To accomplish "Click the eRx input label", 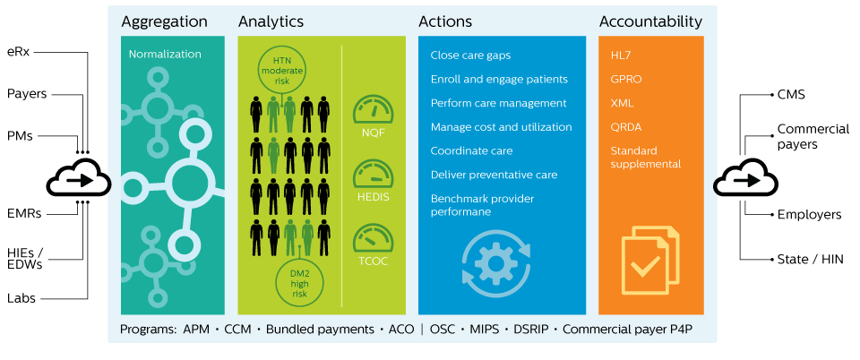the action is click(x=19, y=53).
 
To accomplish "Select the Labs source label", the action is click(x=21, y=298).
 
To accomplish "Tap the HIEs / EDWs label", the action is click(x=25, y=258).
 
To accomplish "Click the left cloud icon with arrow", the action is click(x=79, y=179).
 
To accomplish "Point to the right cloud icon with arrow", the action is click(x=745, y=179).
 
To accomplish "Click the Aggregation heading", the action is click(x=165, y=21).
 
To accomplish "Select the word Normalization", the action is click(x=165, y=55).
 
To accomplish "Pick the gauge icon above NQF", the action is click(x=374, y=109).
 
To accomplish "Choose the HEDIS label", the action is click(x=374, y=197).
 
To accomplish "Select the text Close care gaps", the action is click(x=470, y=56).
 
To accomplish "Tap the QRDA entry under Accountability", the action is click(x=626, y=127).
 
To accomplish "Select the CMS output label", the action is click(x=791, y=94).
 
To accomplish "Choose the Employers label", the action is click(x=809, y=215).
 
